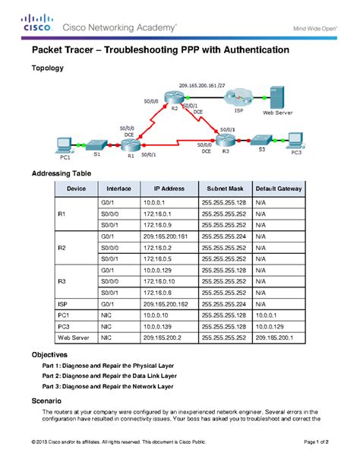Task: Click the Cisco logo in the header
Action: coord(37,24)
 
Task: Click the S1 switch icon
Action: coord(97,143)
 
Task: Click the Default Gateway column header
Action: coord(278,188)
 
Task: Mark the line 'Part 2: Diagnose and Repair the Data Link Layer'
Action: coord(109,376)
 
